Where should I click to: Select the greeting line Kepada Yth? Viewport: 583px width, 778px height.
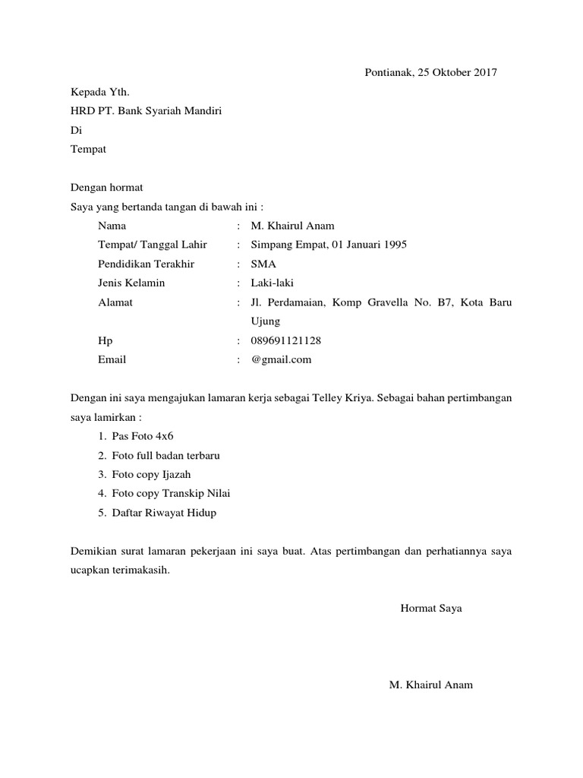[95, 92]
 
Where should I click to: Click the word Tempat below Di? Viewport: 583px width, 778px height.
[88, 149]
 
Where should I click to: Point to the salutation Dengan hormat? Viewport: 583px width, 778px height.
[106, 187]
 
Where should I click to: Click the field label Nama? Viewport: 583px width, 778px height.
[112, 226]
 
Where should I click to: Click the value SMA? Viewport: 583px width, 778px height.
[263, 264]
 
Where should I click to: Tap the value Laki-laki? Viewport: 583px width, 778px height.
[272, 283]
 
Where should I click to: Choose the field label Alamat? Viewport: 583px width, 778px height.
[115, 302]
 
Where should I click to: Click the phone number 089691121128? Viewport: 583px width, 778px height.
[291, 341]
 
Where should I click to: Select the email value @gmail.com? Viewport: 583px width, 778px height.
[281, 360]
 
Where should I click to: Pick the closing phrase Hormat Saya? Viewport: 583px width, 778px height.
[431, 609]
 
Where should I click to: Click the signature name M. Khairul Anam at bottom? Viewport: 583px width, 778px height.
[430, 685]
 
